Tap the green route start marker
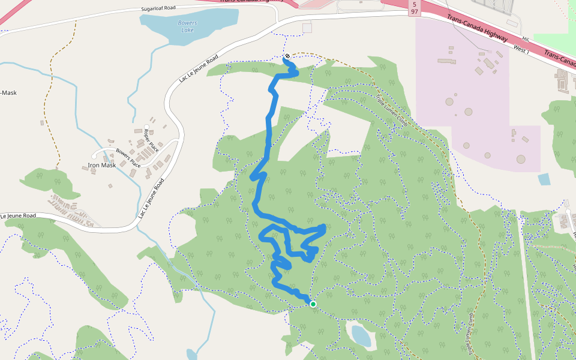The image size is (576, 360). click(x=313, y=304)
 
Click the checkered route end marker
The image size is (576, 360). click(x=287, y=56)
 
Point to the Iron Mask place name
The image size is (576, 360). click(x=101, y=165)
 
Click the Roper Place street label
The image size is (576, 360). click(x=150, y=139)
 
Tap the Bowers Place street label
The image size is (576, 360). click(x=128, y=158)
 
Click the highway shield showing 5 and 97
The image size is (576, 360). click(x=415, y=8)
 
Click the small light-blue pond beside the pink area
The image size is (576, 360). click(x=544, y=179)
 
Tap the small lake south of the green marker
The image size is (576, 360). click(x=361, y=336)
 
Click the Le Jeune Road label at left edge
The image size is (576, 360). click(x=18, y=215)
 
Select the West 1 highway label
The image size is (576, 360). click(x=521, y=49)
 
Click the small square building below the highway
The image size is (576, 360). click(x=307, y=28)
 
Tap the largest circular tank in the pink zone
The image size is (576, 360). click(x=520, y=159)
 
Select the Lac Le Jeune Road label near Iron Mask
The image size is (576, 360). click(x=151, y=197)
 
